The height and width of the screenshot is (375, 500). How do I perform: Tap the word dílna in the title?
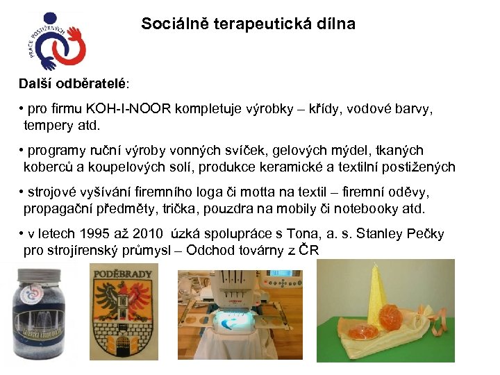point(336,24)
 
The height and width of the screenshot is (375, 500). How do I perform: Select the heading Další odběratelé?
point(72,83)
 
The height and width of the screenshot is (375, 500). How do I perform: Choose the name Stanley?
point(372,234)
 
